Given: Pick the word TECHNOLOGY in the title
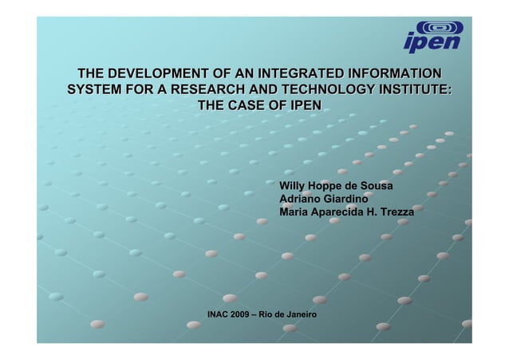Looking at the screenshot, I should (x=325, y=89).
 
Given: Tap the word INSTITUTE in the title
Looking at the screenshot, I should (x=414, y=89).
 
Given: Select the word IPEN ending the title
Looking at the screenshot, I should (x=306, y=105).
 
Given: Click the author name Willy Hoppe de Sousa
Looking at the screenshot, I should (x=336, y=186).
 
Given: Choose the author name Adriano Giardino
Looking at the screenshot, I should (x=323, y=199).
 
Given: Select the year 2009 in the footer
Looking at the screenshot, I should (x=240, y=315).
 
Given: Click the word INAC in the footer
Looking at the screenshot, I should (x=217, y=315).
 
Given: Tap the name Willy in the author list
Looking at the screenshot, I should (x=293, y=186).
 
